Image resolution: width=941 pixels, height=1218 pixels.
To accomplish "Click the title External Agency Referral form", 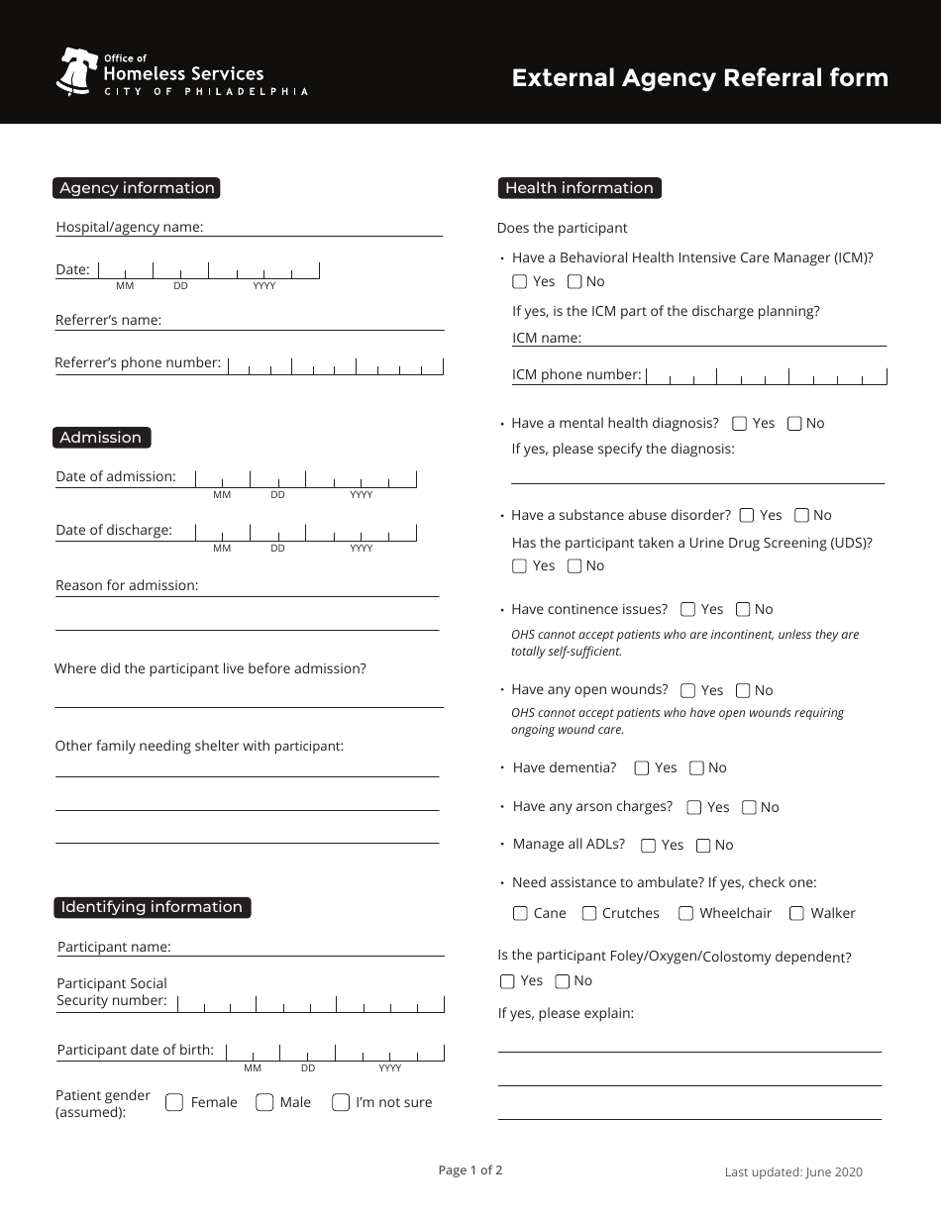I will point(699,78).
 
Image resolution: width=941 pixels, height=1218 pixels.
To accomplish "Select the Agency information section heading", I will point(137,188).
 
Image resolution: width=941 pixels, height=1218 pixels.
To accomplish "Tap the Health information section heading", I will point(578,188).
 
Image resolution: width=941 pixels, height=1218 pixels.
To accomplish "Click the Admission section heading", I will point(101,438).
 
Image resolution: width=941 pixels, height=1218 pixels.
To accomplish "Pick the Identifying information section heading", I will point(152,907).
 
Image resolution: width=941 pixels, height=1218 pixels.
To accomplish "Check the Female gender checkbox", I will point(174,1102).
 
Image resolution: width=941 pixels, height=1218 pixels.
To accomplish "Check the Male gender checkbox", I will point(264,1102).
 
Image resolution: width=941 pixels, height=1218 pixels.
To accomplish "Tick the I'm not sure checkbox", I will point(341,1102).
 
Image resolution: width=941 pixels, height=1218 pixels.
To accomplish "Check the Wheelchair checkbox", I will point(685,913).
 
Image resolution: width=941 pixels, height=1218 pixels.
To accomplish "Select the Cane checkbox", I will point(520,913).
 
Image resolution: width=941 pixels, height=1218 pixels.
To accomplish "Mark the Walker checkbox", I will point(796,913).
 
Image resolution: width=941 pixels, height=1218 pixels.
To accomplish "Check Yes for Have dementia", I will point(642,767).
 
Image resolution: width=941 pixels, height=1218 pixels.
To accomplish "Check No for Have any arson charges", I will point(749,807).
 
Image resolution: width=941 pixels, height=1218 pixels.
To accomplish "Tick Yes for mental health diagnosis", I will point(740,424).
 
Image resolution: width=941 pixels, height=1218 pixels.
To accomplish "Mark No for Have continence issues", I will point(743,610).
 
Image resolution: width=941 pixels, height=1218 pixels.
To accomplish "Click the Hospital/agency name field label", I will point(130,227).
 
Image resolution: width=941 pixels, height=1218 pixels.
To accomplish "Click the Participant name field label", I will point(114,947).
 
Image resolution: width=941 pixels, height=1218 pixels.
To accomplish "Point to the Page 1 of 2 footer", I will point(470,1170).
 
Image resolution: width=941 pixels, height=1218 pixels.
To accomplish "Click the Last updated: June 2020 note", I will point(793,1172).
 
